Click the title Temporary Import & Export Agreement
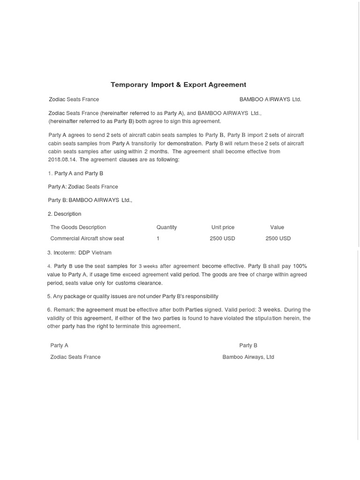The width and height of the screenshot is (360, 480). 178,85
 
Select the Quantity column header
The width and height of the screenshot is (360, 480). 166,227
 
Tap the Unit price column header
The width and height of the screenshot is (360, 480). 223,227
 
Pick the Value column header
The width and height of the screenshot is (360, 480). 277,227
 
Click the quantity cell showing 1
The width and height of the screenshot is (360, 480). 158,239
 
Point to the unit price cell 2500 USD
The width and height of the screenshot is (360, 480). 222,239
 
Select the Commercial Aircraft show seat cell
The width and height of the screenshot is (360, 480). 87,239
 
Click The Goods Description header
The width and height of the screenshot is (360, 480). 78,227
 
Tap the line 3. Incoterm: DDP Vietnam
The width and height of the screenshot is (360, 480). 80,253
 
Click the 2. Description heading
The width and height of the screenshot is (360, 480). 65,214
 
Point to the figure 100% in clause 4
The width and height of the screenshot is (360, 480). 300,266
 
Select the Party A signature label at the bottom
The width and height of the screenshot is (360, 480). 60,345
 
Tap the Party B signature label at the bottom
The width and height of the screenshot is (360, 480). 248,345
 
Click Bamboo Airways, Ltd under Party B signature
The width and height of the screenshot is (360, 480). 248,357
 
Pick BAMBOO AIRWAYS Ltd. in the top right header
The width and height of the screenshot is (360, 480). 270,99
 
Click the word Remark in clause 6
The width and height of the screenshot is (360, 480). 64,310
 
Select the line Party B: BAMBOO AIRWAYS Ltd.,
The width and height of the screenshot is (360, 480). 90,200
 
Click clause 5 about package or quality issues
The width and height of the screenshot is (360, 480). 133,296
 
